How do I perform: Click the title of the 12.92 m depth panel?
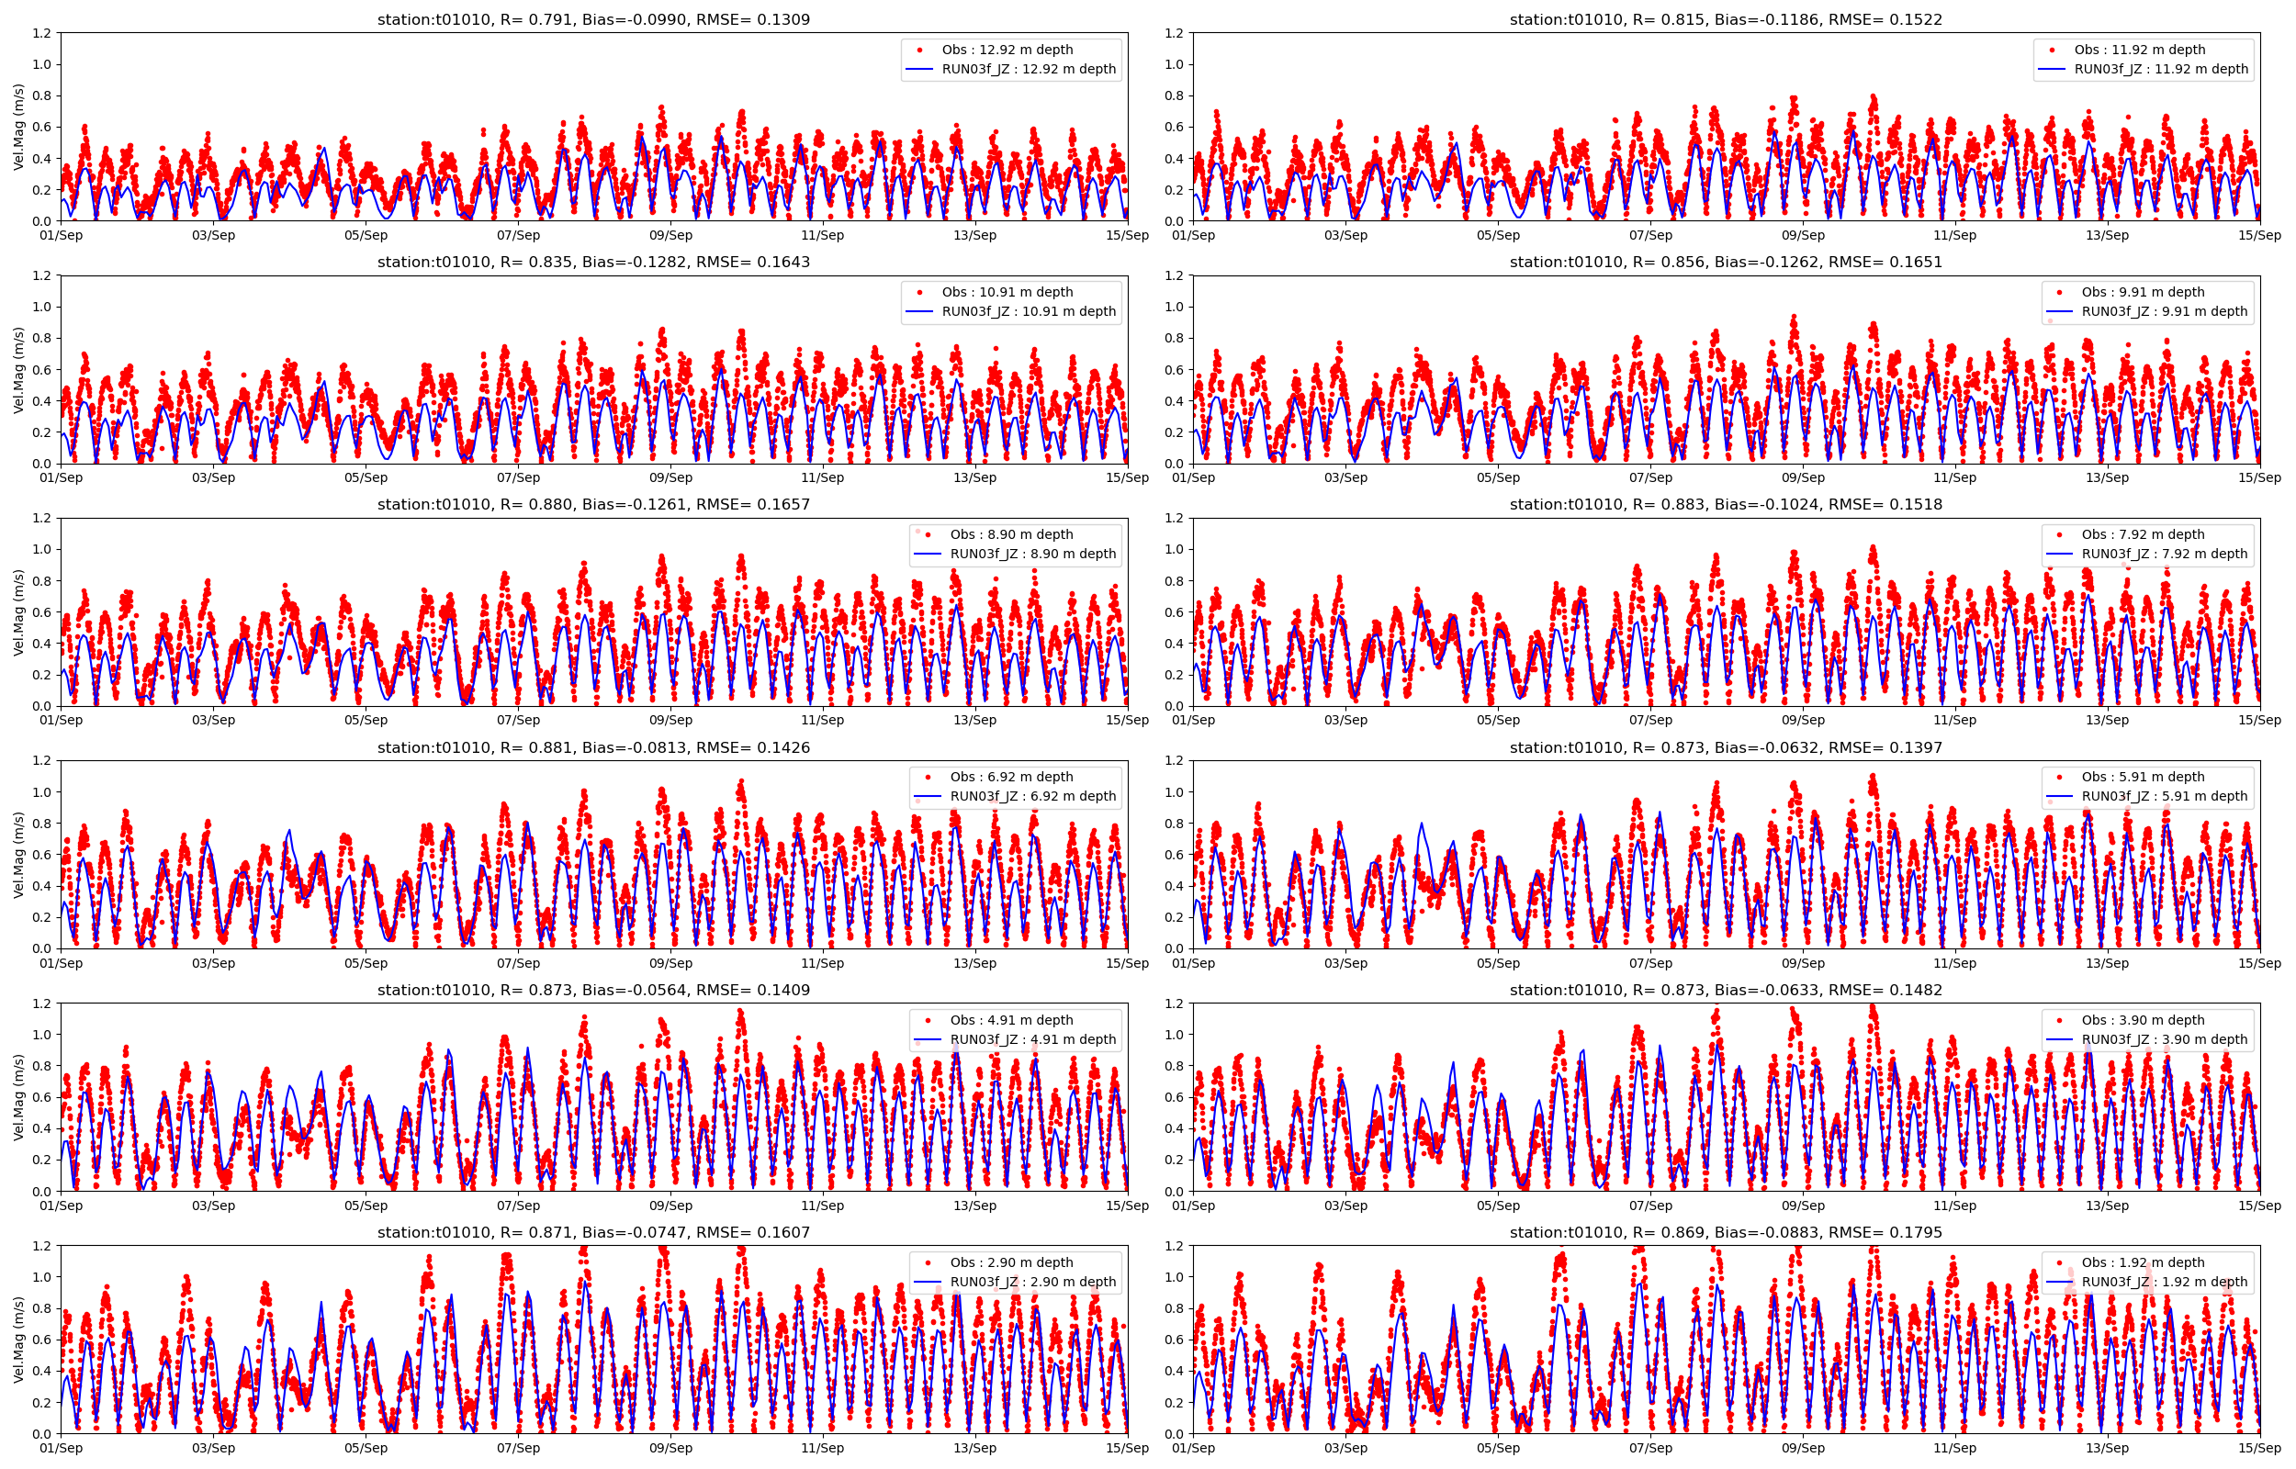593,19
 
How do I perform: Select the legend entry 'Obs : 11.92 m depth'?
2140,50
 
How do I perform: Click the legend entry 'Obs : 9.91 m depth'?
2144,292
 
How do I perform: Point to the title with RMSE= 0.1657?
593,505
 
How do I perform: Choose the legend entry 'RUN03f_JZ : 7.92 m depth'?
2165,554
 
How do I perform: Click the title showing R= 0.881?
593,748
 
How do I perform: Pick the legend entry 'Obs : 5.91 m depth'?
2144,777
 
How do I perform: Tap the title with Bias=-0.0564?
593,990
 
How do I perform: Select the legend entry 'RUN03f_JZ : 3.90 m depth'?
2165,1038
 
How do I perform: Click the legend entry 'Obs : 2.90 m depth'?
1011,1262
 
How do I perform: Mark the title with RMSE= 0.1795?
1726,1232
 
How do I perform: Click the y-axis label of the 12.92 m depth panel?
19,127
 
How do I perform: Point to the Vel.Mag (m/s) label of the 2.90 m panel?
19,1340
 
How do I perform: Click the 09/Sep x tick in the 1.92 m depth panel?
1803,1448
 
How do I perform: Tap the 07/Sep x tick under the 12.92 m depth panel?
518,236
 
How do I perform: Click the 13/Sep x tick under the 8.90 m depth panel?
974,720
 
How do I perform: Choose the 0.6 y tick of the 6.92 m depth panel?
42,855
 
